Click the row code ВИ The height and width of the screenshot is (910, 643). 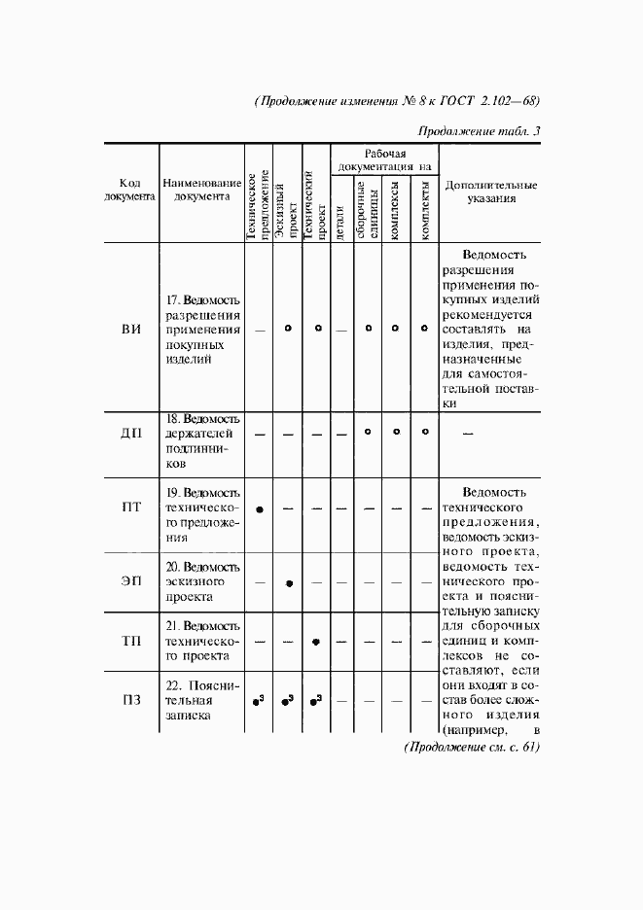pyautogui.click(x=131, y=330)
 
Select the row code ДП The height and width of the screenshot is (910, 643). pyautogui.click(x=131, y=433)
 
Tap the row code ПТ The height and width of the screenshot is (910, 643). pyautogui.click(x=131, y=507)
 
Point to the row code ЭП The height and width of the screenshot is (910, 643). pyautogui.click(x=131, y=581)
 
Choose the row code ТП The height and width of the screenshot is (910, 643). pyautogui.click(x=131, y=642)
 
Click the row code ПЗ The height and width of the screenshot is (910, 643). pyautogui.click(x=131, y=700)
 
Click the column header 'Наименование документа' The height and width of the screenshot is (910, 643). pyautogui.click(x=201, y=190)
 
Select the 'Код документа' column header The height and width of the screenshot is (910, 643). pyautogui.click(x=131, y=190)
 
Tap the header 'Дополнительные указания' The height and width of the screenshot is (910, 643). pyautogui.click(x=490, y=191)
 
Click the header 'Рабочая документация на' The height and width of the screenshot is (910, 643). pyautogui.click(x=384, y=160)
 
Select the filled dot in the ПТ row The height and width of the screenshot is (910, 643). pyautogui.click(x=260, y=508)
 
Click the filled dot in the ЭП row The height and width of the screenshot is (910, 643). pyautogui.click(x=288, y=582)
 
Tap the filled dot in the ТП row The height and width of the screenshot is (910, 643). pyautogui.click(x=315, y=642)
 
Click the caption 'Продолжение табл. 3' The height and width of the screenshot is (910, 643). pyautogui.click(x=479, y=132)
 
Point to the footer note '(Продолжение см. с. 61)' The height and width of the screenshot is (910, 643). pyautogui.click(x=471, y=747)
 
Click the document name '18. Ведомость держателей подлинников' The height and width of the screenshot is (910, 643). pyautogui.click(x=201, y=440)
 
